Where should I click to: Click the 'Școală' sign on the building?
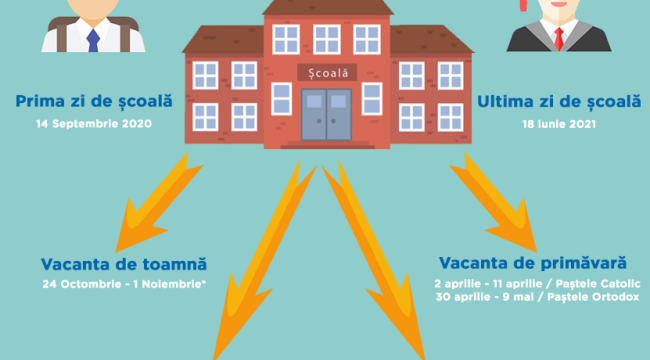pos(327,73)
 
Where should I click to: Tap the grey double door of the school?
pos(327,114)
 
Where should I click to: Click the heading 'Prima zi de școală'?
pos(94,101)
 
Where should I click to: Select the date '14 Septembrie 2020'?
pos(94,124)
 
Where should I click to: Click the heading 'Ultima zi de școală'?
pos(559,102)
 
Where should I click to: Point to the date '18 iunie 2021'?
pos(559,124)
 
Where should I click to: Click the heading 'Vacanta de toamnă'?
pos(124,264)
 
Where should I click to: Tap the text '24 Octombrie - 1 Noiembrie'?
pos(123,284)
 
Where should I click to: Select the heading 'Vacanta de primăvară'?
pos(533,263)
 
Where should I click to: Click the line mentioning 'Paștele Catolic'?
pos(537,284)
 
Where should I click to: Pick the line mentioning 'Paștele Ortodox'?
pos(537,297)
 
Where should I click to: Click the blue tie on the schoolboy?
pos(93,40)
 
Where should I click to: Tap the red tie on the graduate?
pos(559,39)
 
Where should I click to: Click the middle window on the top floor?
pos(327,39)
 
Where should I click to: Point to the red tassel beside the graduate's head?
pos(524,5)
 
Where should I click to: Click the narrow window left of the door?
pos(281,99)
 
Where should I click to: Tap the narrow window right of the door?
pos(372,99)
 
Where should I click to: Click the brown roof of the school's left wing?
pos(224,40)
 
